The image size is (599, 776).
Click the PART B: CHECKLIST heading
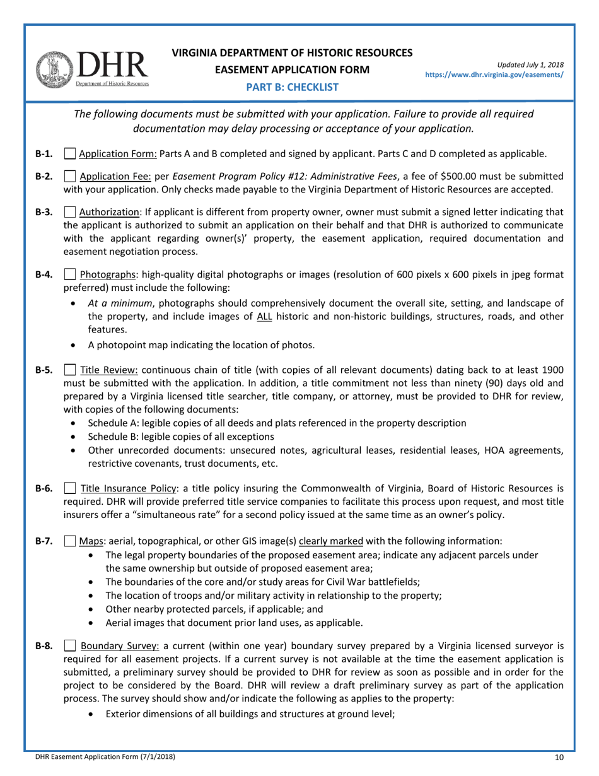point(293,87)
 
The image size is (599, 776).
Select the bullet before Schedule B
point(76,437)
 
